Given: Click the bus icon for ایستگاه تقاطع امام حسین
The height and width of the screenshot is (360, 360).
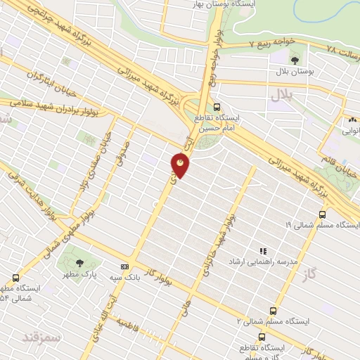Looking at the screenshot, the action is (x=216, y=107).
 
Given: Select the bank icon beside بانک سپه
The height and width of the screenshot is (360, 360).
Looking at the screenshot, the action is (x=124, y=266).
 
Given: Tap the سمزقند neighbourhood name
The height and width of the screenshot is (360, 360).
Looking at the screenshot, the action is (x=42, y=337).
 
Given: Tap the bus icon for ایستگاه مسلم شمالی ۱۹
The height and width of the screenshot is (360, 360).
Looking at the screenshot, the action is (x=322, y=214).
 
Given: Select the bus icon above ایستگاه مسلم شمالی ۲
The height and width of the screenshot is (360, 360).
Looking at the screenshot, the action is (x=274, y=310).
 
